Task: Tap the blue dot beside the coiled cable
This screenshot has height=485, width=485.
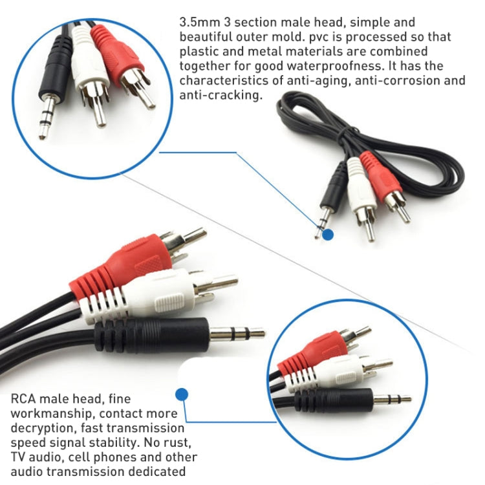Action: coord(328,235)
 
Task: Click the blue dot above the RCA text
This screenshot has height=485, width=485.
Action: coord(182,393)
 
